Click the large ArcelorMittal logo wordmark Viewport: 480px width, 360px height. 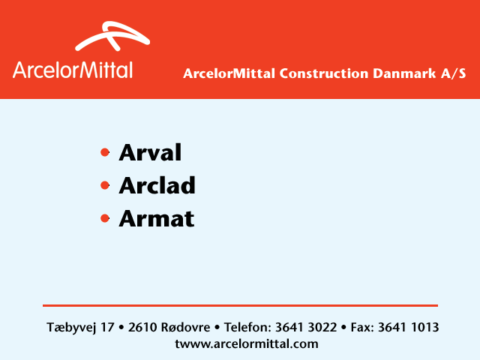(x=73, y=70)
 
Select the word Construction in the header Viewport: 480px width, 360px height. (x=323, y=73)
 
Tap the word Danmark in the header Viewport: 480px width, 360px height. (x=404, y=73)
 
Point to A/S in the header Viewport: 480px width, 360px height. (x=453, y=73)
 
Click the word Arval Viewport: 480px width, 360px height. (x=150, y=152)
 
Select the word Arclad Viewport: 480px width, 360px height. (x=157, y=185)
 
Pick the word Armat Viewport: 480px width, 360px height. (x=157, y=218)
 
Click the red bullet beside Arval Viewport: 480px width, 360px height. (x=105, y=152)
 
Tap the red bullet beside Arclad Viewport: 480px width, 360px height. (x=105, y=185)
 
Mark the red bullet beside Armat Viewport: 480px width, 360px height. (x=105, y=218)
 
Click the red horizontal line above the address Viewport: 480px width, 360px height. (x=240, y=305)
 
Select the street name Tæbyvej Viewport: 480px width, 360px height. (x=72, y=328)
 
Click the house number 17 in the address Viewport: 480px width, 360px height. (x=107, y=327)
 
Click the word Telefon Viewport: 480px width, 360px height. (x=247, y=327)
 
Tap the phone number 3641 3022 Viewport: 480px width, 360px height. (x=306, y=327)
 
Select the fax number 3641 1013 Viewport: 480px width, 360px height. (x=408, y=327)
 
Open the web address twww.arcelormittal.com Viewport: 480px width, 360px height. (x=247, y=343)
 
